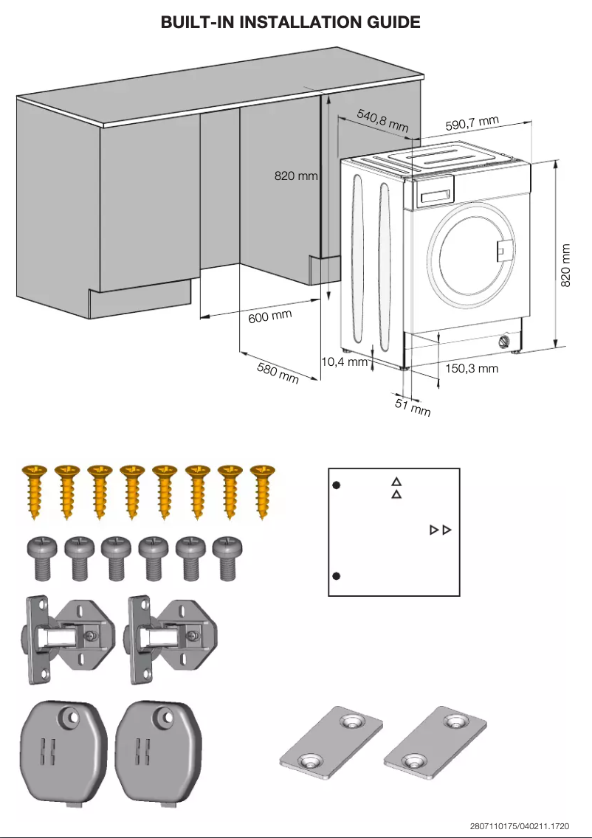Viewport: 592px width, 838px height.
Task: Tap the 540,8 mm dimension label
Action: [382, 120]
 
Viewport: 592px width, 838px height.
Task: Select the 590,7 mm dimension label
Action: [472, 124]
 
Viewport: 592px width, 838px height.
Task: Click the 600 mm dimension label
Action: [269, 317]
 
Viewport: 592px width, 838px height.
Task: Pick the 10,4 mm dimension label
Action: [344, 361]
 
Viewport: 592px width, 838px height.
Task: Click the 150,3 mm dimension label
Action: [472, 368]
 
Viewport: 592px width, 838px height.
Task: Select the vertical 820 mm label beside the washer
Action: [566, 266]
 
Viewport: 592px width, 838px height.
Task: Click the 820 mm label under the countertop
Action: [296, 176]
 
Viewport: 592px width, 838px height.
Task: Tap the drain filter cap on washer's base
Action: [505, 342]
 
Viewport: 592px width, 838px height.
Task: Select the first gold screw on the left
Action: [35, 490]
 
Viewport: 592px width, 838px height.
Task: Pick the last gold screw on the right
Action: [261, 490]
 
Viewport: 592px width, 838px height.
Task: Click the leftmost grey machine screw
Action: [39, 556]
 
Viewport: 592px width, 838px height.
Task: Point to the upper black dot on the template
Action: [335, 485]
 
